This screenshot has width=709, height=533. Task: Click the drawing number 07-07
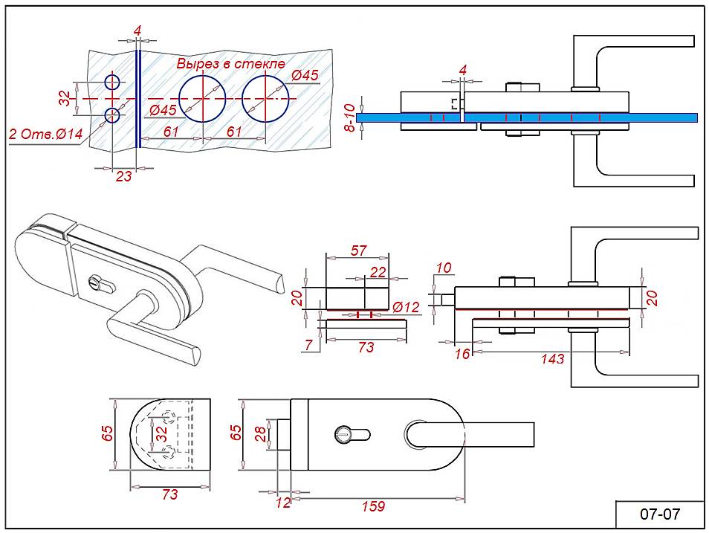(660, 514)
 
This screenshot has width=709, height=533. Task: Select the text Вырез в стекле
(230, 63)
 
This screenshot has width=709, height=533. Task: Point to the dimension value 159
(373, 506)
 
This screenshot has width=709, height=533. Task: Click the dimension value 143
(553, 358)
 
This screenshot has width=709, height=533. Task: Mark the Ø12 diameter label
(407, 307)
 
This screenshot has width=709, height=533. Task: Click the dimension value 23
(123, 177)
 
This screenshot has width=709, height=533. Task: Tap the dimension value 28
(261, 433)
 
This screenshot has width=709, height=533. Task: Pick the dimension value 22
(378, 273)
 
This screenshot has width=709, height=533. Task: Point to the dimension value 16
(462, 354)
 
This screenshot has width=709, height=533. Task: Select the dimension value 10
(444, 268)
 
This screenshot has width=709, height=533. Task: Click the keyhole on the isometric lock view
(94, 283)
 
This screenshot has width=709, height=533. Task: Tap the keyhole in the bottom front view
(345, 432)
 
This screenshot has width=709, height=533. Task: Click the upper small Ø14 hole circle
(112, 82)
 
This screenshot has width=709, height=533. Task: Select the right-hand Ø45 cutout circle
(265, 99)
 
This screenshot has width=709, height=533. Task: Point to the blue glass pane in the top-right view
(654, 117)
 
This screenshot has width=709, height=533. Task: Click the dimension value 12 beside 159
(284, 503)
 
